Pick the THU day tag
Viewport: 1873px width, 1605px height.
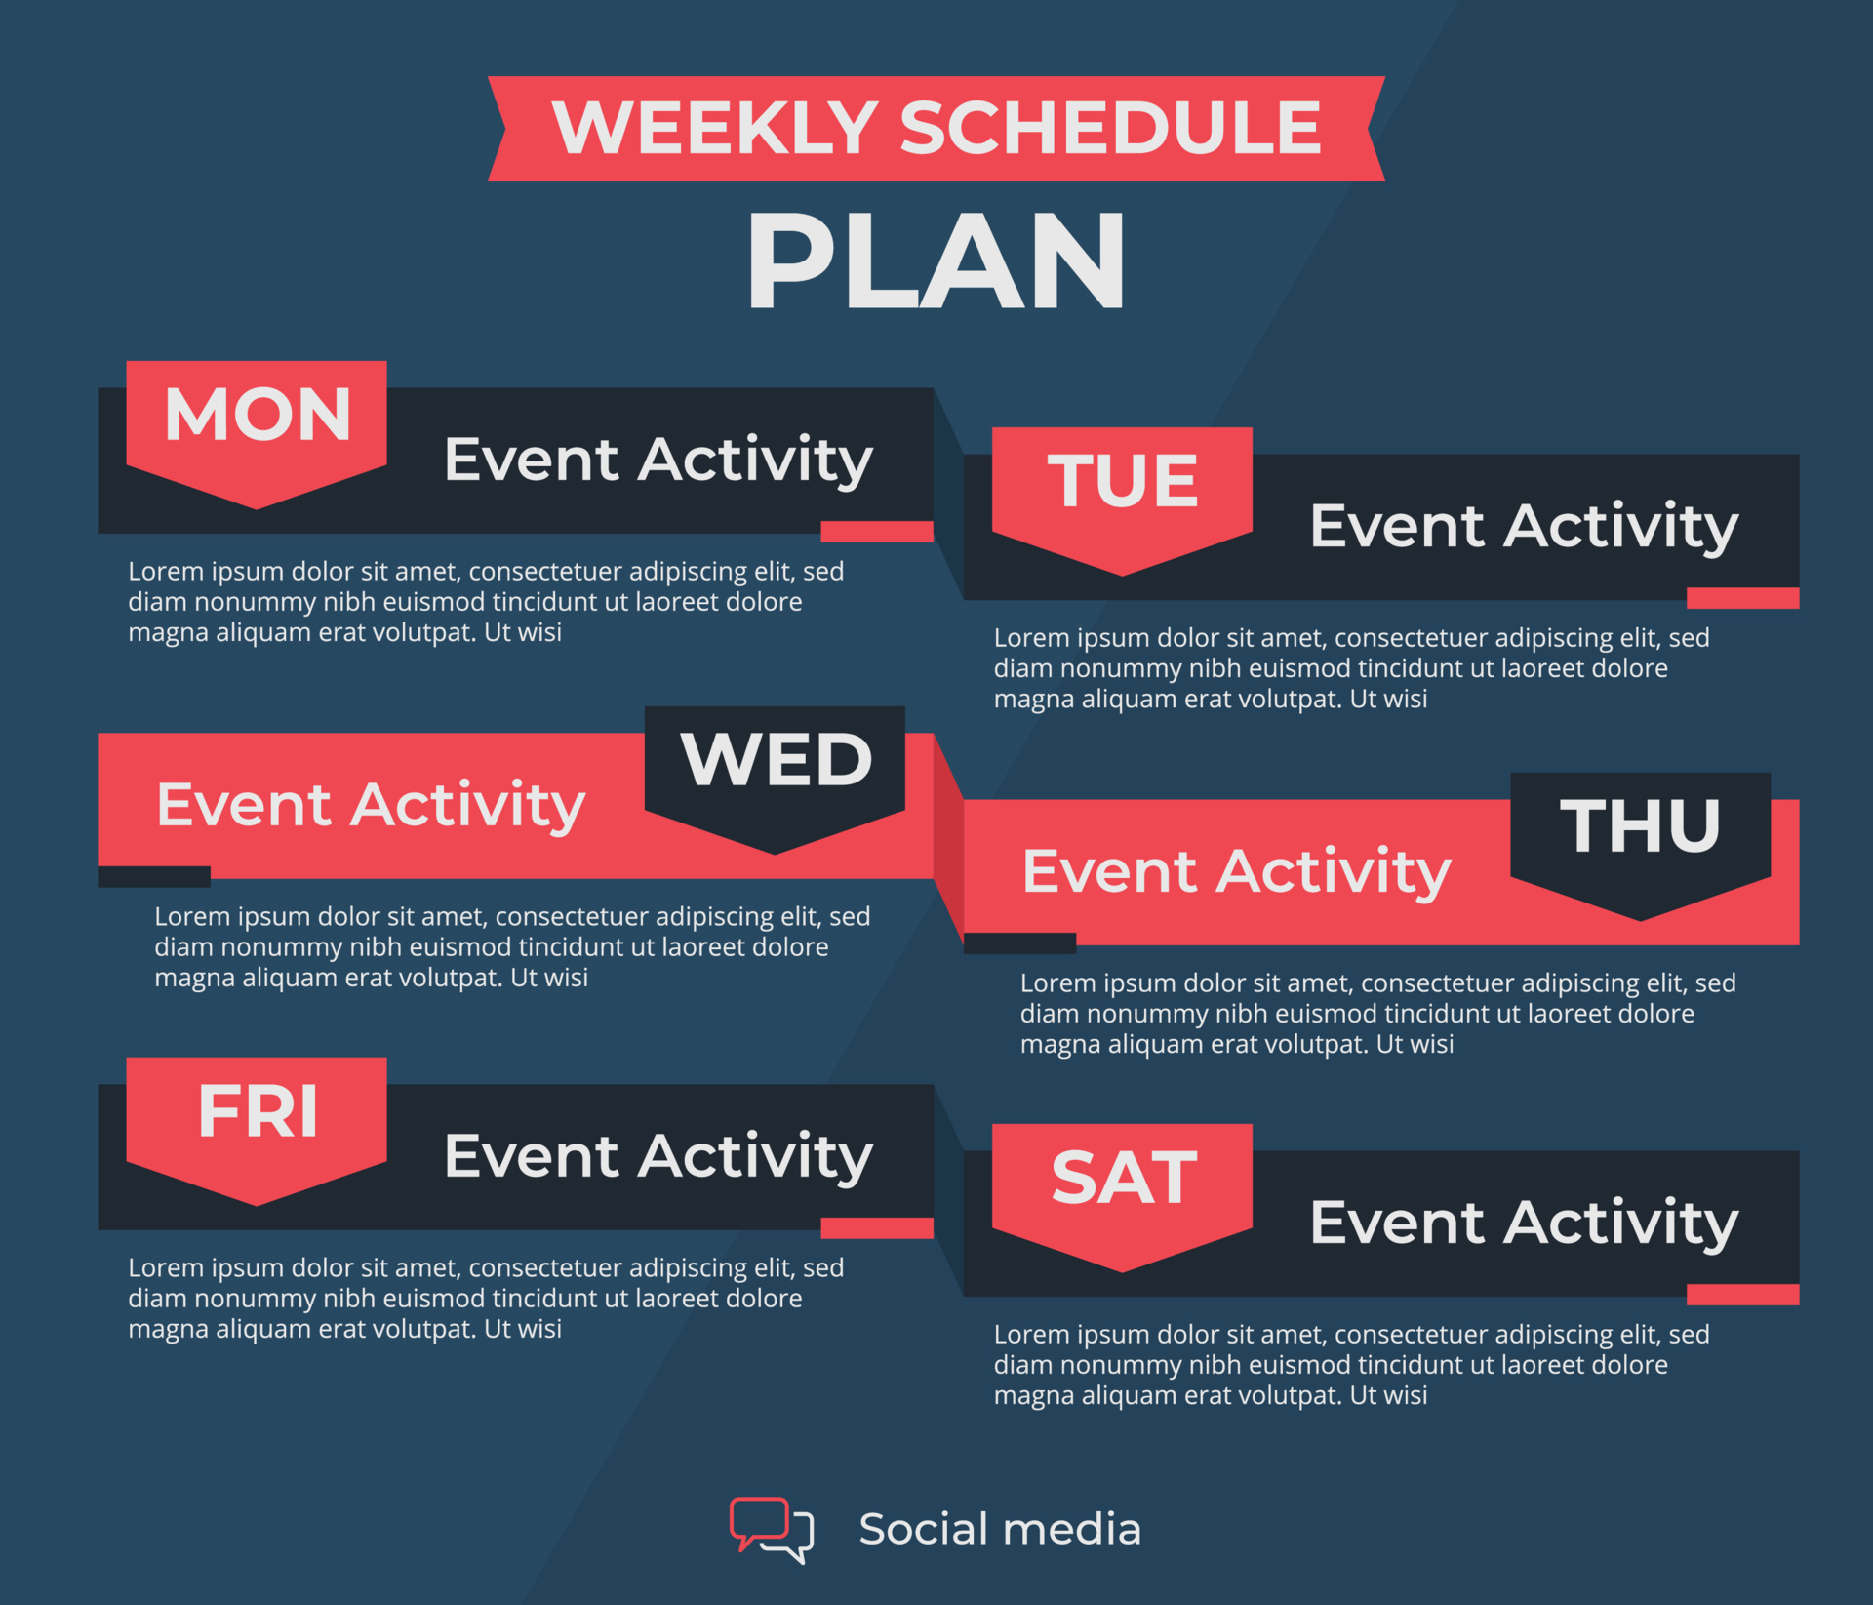[x=1640, y=829]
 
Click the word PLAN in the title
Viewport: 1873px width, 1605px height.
[x=936, y=261]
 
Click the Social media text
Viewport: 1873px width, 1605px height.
[x=999, y=1529]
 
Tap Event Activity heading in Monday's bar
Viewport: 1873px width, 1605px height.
[x=658, y=461]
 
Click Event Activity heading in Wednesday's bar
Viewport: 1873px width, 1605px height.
[x=371, y=806]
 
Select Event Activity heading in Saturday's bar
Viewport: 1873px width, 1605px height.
[x=1523, y=1224]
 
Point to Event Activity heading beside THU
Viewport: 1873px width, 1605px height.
[x=1236, y=872]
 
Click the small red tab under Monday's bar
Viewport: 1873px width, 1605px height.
[x=876, y=532]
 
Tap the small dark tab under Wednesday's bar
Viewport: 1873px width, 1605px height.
[x=154, y=876]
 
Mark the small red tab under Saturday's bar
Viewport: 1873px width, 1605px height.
[x=1742, y=1295]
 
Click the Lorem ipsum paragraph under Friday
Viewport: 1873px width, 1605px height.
[x=485, y=1298]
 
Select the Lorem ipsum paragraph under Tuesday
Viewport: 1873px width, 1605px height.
[x=1351, y=668]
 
